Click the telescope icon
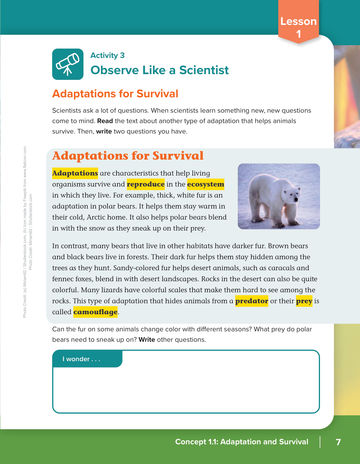[x=68, y=64]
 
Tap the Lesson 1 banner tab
[x=298, y=27]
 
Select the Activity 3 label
[x=107, y=55]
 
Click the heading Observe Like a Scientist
[x=159, y=70]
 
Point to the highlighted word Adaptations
[x=75, y=173]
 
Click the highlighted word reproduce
[x=146, y=184]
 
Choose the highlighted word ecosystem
[x=206, y=184]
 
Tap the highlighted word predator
[x=252, y=301]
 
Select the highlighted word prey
[x=304, y=301]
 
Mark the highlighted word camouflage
[x=95, y=312]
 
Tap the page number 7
[x=338, y=442]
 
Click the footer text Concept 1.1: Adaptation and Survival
[x=242, y=442]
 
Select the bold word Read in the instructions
[x=105, y=121]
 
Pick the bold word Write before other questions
[x=147, y=340]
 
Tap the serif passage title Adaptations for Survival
[x=128, y=156]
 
